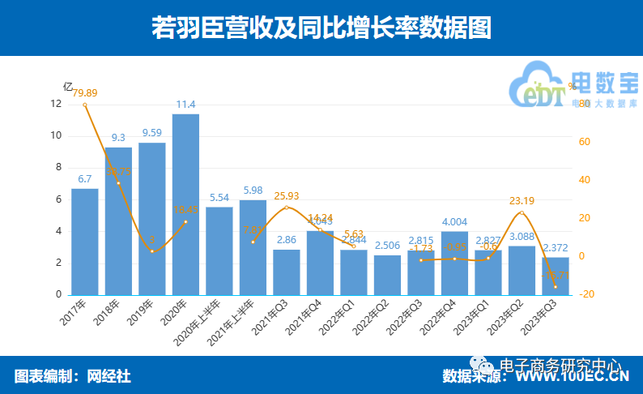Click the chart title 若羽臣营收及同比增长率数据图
[x=321, y=28]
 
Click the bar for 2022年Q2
[x=387, y=275]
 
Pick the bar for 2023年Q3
[x=555, y=276]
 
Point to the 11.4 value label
[x=185, y=105]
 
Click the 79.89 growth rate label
[x=85, y=92]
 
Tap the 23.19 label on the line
[x=522, y=200]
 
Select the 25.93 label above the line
[x=287, y=195]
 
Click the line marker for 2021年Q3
[x=287, y=208]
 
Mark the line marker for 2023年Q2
[x=522, y=212]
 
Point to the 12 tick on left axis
[x=56, y=104]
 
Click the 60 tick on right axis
[x=584, y=142]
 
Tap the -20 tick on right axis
[x=587, y=294]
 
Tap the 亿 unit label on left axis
[x=68, y=87]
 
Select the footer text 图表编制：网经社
[x=72, y=376]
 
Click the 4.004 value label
[x=454, y=221]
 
